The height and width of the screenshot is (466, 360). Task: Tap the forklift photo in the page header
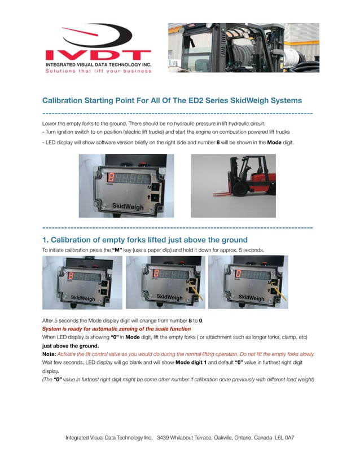(243, 47)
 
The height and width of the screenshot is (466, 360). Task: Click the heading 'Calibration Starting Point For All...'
(172, 100)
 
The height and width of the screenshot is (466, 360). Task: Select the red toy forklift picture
(233, 186)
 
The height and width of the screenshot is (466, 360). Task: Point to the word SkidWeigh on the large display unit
(128, 207)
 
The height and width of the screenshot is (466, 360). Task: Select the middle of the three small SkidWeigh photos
(165, 282)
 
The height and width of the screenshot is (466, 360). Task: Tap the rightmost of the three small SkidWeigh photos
(248, 282)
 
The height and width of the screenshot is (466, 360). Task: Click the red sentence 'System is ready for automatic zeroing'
(117, 328)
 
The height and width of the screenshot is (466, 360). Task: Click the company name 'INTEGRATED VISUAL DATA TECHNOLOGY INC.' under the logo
(98, 65)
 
